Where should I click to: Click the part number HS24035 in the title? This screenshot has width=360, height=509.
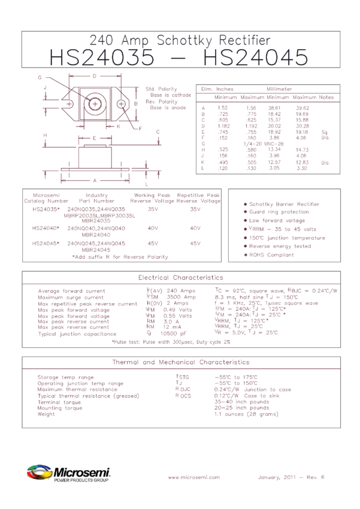101,59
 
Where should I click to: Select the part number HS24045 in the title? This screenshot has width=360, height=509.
256,59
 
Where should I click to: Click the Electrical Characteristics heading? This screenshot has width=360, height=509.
180,278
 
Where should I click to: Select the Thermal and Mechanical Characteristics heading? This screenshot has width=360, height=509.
180,362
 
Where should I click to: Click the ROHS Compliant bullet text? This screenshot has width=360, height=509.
272,255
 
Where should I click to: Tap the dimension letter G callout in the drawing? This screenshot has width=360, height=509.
40,78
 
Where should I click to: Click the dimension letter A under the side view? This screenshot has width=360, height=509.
94,180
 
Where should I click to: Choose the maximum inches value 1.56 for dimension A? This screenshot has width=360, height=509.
251,108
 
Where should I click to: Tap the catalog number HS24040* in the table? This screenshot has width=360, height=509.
46,228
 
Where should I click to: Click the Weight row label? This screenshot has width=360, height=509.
46,414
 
